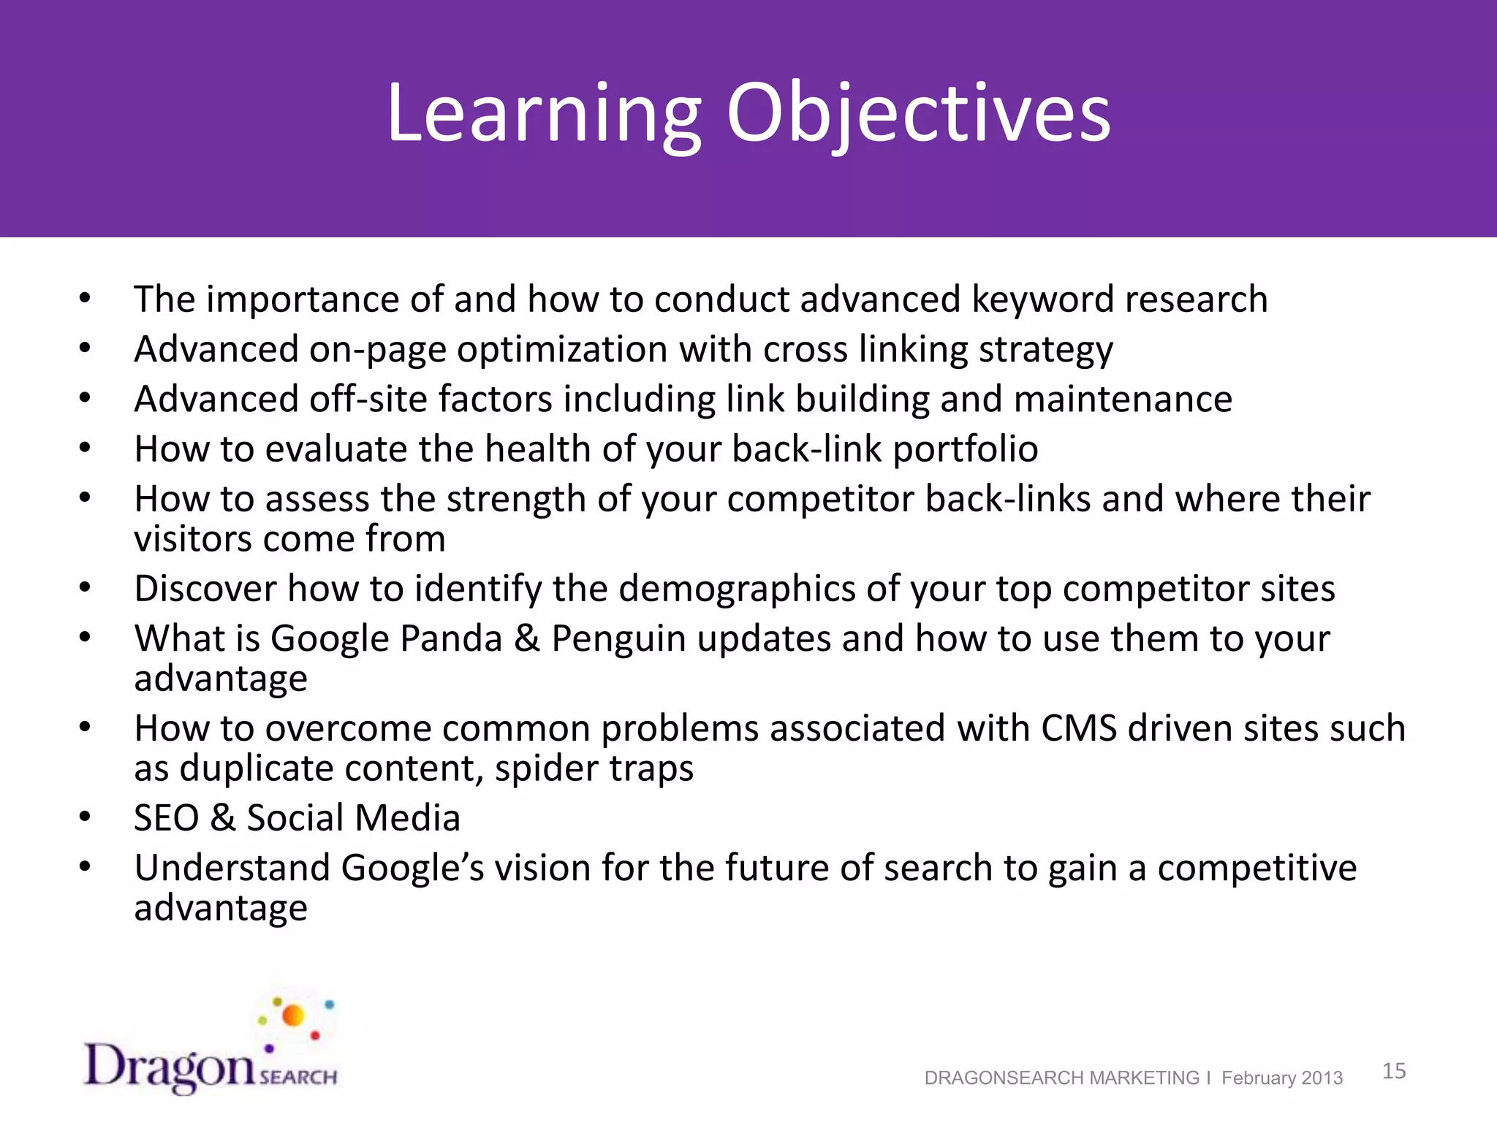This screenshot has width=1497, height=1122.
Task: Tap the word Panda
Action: pyautogui.click(x=451, y=638)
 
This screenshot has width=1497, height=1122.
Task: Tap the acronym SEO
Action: pyautogui.click(x=166, y=818)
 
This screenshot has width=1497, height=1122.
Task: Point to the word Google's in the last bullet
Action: pyautogui.click(x=413, y=869)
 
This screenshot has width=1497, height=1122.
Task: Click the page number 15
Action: pyautogui.click(x=1394, y=1071)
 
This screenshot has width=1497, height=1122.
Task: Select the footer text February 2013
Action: pyautogui.click(x=1282, y=1078)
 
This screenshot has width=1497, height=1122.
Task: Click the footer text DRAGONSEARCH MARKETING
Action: pyautogui.click(x=1061, y=1078)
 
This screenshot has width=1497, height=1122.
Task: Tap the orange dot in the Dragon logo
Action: pyautogui.click(x=293, y=1015)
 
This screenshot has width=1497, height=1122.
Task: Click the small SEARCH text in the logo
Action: pyautogui.click(x=298, y=1077)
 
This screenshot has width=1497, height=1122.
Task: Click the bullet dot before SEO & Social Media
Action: pyautogui.click(x=86, y=817)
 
